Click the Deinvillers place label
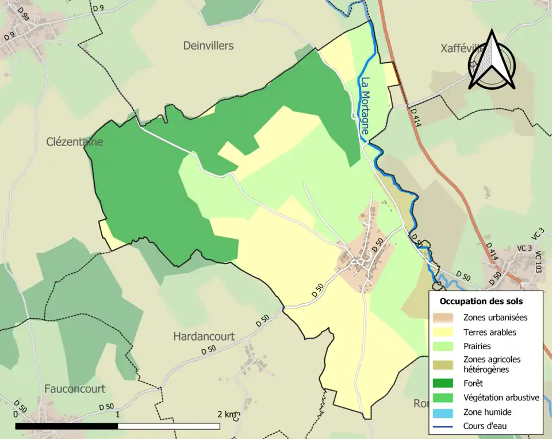(208, 45)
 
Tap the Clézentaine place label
(75, 142)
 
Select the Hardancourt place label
(204, 337)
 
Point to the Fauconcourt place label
(75, 389)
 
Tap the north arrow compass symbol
(492, 60)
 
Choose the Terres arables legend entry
(489, 332)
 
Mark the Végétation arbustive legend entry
(501, 397)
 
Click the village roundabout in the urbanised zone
(362, 264)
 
